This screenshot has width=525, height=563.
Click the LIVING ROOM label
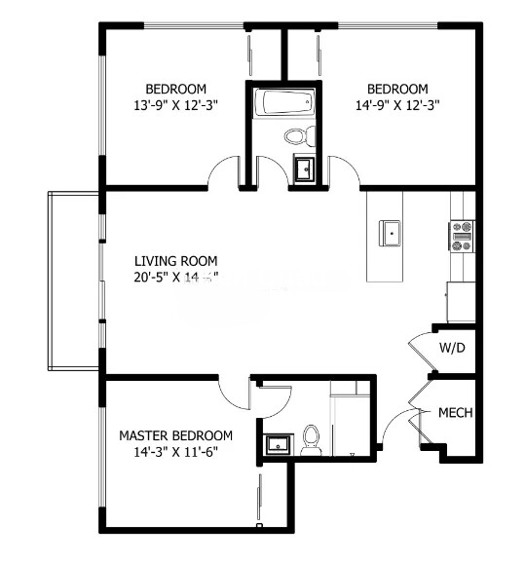pos(175,261)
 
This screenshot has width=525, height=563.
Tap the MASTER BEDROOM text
pos(175,435)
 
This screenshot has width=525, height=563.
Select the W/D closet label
pos(451,348)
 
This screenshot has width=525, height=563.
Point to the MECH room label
pos(455,413)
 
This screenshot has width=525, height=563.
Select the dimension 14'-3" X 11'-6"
pos(175,452)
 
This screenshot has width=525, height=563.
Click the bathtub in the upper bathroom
pos(282,102)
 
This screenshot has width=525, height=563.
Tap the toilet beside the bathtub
pos(298,135)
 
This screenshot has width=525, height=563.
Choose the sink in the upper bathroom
pos(304,169)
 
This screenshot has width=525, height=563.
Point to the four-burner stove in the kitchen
pos(461,236)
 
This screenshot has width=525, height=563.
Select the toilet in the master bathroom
pos(312,441)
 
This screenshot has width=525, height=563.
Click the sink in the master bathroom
pos(278,444)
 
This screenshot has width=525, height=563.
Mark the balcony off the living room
pos(73,281)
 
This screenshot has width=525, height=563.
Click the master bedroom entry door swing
pos(234,392)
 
